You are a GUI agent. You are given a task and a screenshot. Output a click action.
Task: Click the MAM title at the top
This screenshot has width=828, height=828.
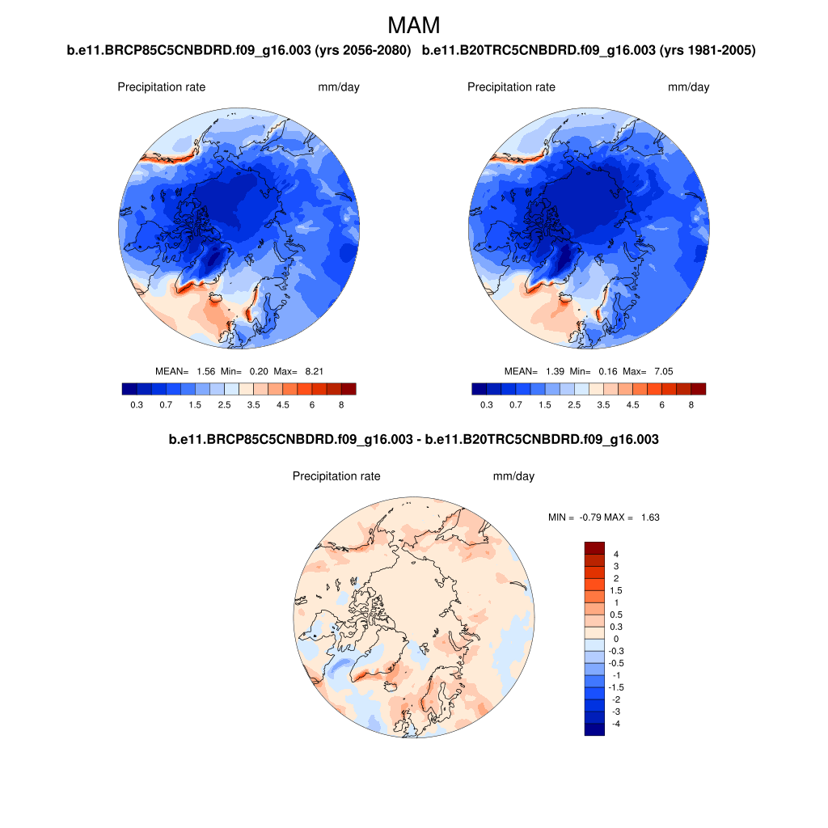point(414,25)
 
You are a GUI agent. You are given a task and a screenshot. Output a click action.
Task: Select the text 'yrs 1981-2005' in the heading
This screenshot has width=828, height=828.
point(708,51)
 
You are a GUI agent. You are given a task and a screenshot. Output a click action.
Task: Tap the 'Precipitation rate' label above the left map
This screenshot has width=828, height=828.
point(162,87)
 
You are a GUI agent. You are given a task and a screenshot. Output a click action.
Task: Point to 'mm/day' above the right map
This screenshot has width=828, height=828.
point(688,87)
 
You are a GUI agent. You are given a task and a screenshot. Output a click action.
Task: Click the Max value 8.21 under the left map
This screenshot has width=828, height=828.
point(313,371)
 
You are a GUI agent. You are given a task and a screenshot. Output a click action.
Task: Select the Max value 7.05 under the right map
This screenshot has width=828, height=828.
point(662,371)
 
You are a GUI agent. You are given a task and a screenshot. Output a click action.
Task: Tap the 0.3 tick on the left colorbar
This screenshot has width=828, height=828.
point(136,404)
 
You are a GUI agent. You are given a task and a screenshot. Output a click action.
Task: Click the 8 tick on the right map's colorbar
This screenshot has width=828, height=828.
point(691,404)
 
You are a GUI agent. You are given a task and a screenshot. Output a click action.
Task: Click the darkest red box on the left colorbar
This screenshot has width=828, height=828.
point(349,389)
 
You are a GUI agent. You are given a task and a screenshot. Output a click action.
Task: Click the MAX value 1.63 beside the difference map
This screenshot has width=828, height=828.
point(649,517)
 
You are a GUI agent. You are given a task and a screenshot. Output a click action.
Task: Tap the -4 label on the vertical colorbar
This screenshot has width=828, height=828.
point(617,724)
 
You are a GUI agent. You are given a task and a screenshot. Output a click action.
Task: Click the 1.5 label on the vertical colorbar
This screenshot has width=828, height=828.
point(617,590)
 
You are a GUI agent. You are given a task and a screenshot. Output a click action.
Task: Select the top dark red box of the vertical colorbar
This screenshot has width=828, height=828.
point(594,548)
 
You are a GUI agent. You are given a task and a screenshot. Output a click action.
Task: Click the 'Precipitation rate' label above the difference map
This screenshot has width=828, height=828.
point(336,477)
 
